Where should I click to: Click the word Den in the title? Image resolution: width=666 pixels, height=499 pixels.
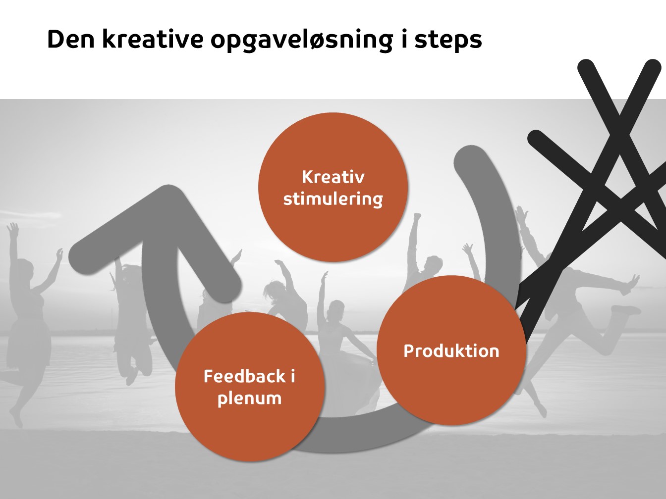(71, 40)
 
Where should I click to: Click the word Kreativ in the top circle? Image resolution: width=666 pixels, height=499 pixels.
(333, 177)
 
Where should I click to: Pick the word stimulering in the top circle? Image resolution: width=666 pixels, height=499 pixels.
(333, 200)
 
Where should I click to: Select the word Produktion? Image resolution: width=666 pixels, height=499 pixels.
(451, 351)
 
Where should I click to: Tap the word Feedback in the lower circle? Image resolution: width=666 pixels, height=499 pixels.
(245, 376)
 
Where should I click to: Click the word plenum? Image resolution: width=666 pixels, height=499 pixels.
(249, 399)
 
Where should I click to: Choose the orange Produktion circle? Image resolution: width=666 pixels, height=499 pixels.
(451, 350)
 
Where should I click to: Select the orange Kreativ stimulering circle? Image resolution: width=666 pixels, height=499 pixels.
(333, 187)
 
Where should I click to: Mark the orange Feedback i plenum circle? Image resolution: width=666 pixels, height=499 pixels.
(250, 387)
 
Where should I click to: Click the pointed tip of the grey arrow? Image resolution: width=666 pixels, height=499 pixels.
(168, 194)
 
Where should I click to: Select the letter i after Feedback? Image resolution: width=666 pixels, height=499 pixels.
(293, 376)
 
